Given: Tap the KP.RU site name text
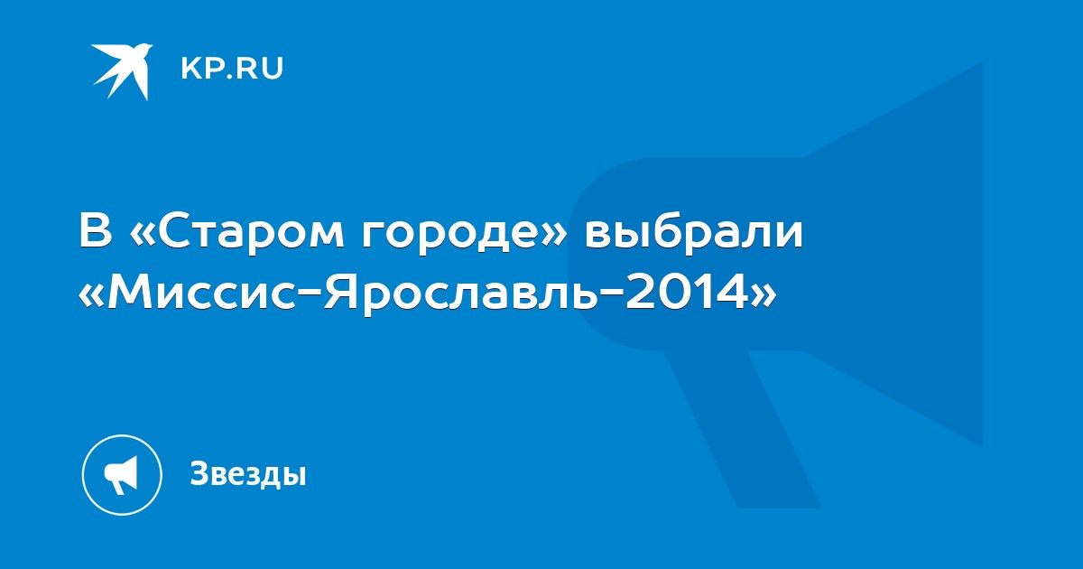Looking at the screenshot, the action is click(232, 69).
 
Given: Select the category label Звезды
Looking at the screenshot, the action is click(248, 473).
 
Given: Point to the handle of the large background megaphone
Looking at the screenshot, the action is click(741, 428).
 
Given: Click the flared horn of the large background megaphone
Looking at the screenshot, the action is click(894, 254).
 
